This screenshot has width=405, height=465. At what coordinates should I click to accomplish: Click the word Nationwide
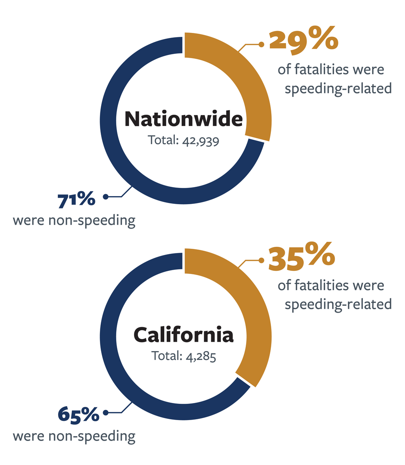pyautogui.click(x=184, y=119)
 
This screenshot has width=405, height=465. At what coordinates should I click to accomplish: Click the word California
pyautogui.click(x=184, y=335)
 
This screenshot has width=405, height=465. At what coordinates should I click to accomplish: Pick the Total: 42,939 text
pyautogui.click(x=184, y=140)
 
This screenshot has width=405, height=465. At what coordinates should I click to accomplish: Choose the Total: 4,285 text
pyautogui.click(x=184, y=356)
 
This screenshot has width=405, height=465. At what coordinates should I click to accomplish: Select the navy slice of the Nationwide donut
pyautogui.click(x=116, y=155)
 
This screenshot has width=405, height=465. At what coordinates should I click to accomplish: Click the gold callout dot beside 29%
pyautogui.click(x=261, y=45)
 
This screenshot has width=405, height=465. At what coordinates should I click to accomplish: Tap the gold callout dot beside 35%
pyautogui.click(x=261, y=260)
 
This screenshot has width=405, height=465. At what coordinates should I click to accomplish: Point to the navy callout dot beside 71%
pyautogui.click(x=105, y=197)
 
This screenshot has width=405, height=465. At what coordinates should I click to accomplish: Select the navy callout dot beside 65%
pyautogui.click(x=105, y=413)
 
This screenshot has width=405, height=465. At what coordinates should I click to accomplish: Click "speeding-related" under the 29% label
pyautogui.click(x=338, y=88)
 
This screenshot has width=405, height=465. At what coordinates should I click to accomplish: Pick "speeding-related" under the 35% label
pyautogui.click(x=338, y=304)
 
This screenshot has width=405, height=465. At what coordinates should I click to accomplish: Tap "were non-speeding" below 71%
pyautogui.click(x=74, y=220)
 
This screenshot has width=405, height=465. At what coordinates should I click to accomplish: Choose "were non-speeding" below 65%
pyautogui.click(x=74, y=436)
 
